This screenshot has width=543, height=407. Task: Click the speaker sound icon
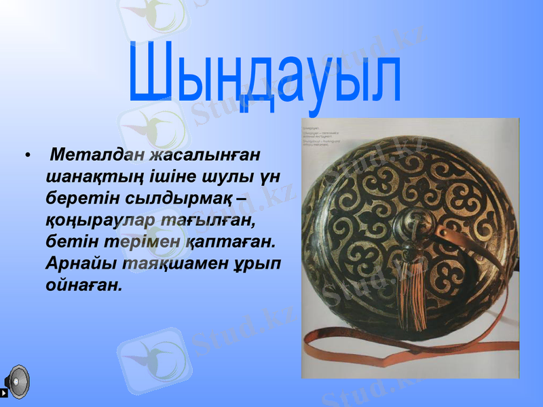click(16, 382)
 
